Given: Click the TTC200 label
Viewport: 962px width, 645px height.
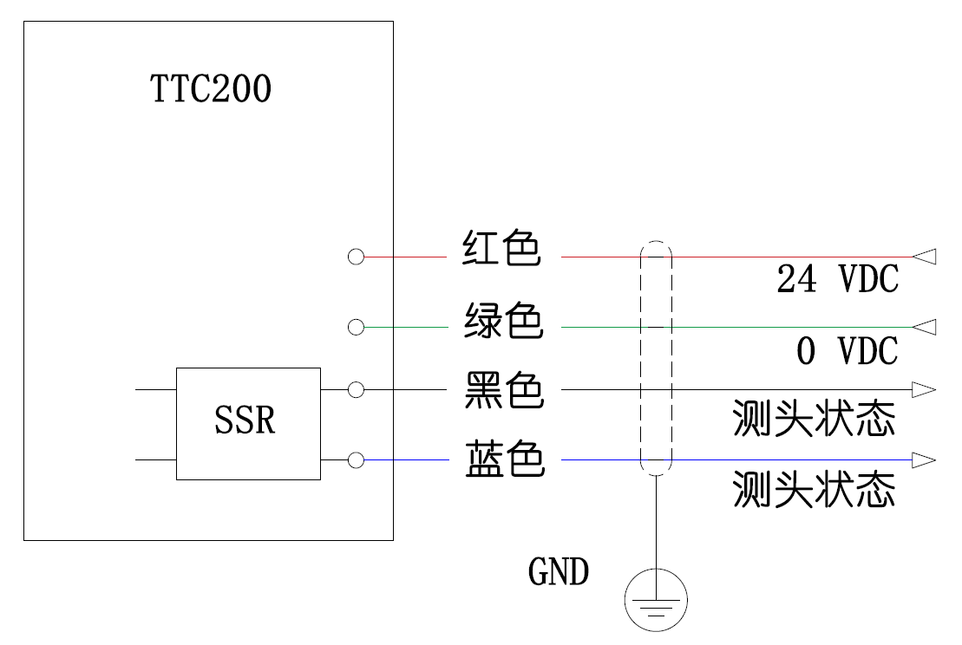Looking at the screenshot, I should [211, 89].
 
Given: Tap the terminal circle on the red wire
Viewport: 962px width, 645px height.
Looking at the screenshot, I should [355, 257].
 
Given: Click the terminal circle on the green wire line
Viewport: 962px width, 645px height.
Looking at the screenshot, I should [355, 327].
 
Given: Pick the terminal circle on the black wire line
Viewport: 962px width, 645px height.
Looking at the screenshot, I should [355, 390].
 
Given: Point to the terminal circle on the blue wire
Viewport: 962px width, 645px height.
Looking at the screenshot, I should [355, 459].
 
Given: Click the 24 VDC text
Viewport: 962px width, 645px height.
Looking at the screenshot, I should [837, 280].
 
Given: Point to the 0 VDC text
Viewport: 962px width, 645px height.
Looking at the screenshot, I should [847, 351].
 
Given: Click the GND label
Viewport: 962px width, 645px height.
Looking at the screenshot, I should [559, 572].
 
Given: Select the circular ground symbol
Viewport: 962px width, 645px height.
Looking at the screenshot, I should [656, 599].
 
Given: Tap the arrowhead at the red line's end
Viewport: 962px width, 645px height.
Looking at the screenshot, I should [926, 257].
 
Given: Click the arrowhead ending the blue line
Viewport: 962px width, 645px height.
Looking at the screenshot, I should [925, 459].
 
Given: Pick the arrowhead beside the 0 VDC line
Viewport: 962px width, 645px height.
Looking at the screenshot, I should [926, 327].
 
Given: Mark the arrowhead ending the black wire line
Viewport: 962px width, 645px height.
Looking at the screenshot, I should [925, 390].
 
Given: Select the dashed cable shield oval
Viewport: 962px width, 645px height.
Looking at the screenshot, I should [656, 357].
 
